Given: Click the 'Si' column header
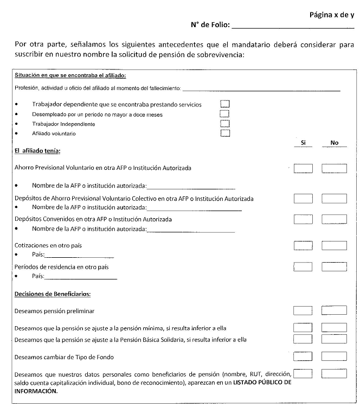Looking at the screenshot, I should (x=303, y=143).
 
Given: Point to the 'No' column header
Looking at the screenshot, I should (x=334, y=143).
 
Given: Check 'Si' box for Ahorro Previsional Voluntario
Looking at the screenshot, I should (x=303, y=168).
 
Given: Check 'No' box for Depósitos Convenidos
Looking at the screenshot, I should (x=334, y=219).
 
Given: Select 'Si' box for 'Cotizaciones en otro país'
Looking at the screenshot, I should (x=303, y=245).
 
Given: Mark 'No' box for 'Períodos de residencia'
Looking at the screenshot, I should (x=334, y=266).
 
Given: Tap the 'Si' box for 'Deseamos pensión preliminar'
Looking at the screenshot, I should (x=303, y=311).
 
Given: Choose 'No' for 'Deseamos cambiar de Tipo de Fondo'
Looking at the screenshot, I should (x=334, y=357).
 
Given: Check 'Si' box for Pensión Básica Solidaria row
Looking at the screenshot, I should (x=303, y=339).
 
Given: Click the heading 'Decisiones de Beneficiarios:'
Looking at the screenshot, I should (x=53, y=294).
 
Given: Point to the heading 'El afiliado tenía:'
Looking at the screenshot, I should (x=37, y=150).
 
